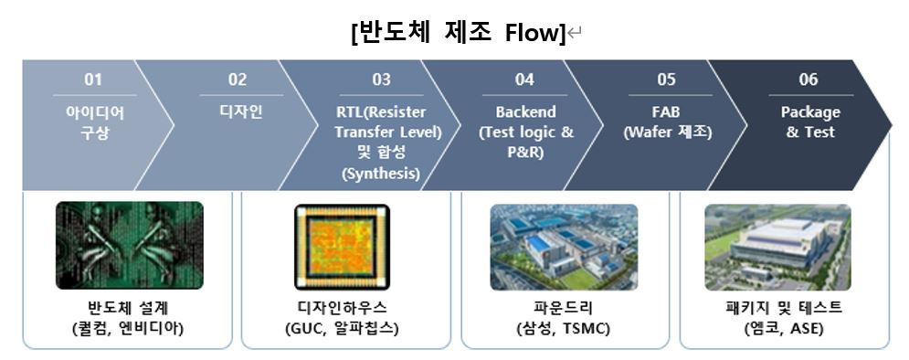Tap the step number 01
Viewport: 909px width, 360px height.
pyautogui.click(x=94, y=80)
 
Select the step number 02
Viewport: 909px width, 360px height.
pyautogui.click(x=238, y=80)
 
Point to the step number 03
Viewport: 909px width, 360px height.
pyautogui.click(x=382, y=80)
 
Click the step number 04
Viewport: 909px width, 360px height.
pyautogui.click(x=524, y=80)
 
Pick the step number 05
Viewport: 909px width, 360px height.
pyautogui.click(x=667, y=80)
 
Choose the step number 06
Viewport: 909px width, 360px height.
pyautogui.click(x=809, y=80)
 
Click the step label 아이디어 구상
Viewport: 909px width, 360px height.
pyautogui.click(x=94, y=122)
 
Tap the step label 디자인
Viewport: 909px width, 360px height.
pyautogui.click(x=238, y=112)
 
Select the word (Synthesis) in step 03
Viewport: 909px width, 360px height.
pyautogui.click(x=382, y=173)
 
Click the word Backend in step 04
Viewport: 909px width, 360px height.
pyautogui.click(x=525, y=112)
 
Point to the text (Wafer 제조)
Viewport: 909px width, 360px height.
pyautogui.click(x=667, y=132)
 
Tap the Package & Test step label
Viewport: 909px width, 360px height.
pyautogui.click(x=809, y=122)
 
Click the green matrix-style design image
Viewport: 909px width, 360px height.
pyautogui.click(x=129, y=245)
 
